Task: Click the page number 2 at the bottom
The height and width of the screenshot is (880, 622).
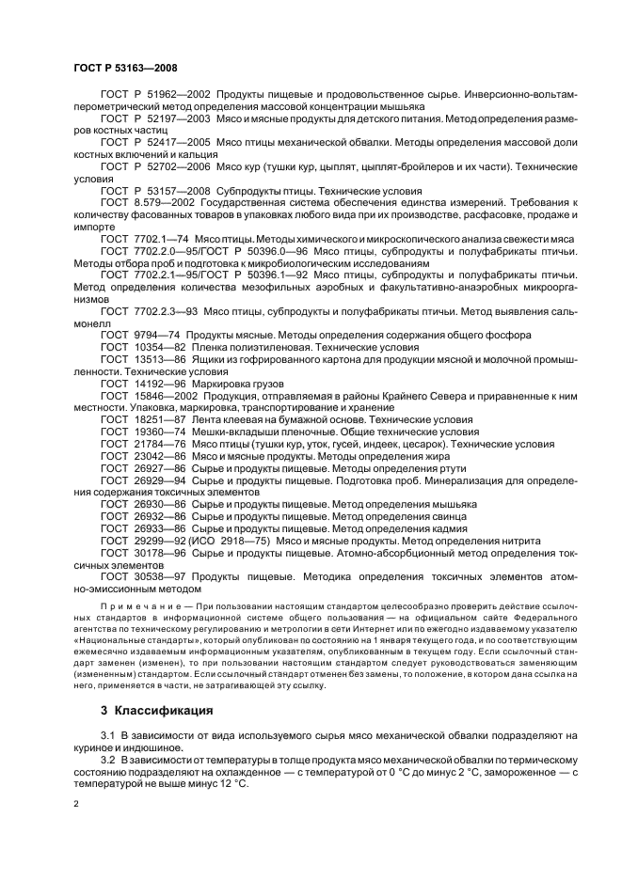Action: coord(75,805)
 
